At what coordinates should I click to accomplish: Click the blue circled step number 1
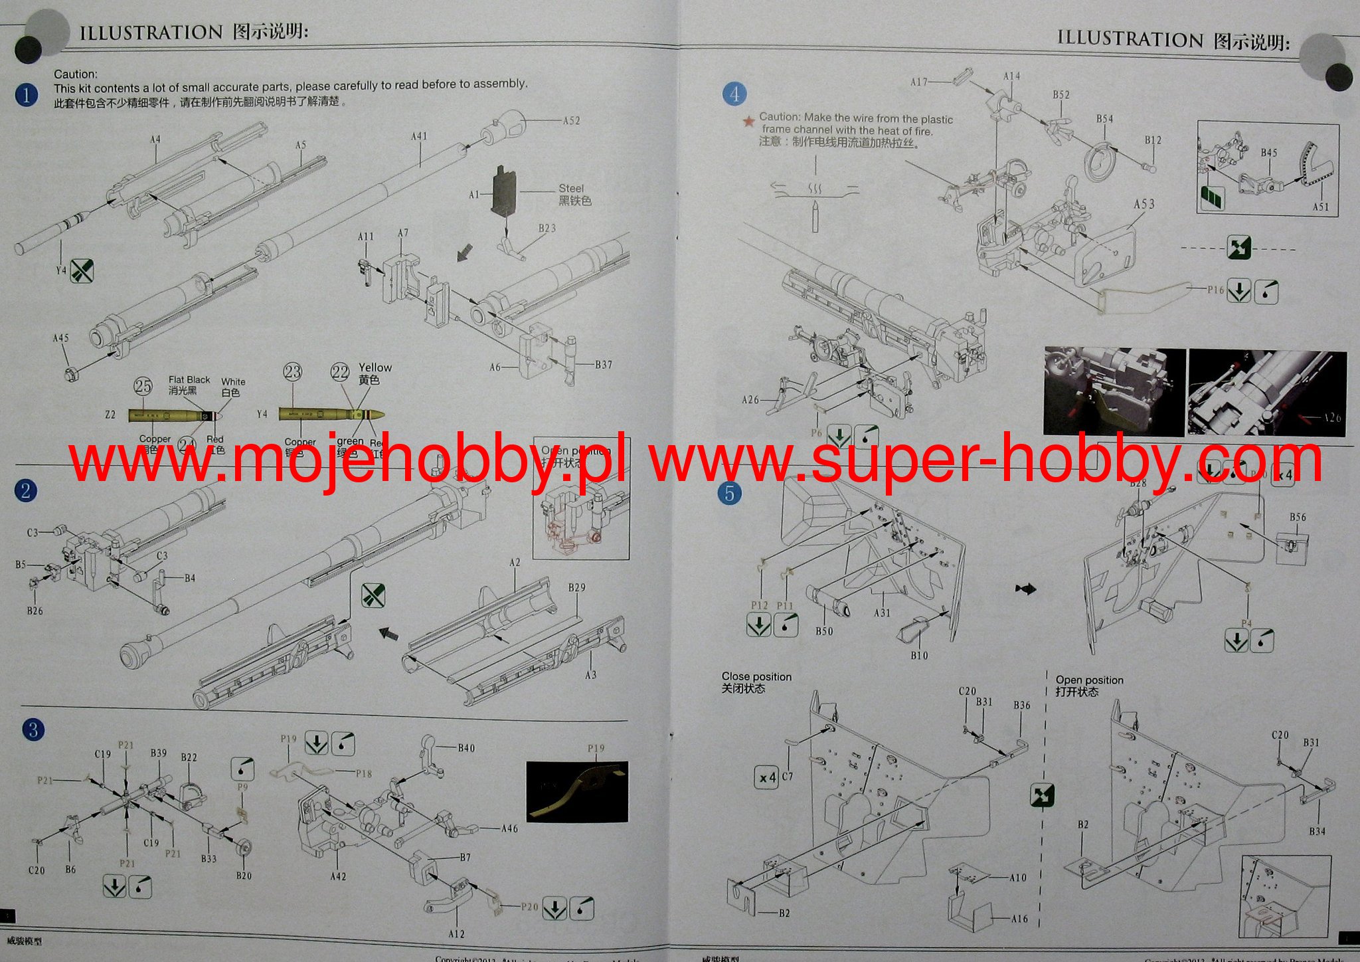click(x=26, y=95)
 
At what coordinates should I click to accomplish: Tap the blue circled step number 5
click(x=730, y=494)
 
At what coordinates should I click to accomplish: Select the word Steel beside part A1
click(x=570, y=189)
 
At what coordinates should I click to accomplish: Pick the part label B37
click(x=603, y=365)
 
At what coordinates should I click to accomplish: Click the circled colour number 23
click(x=292, y=372)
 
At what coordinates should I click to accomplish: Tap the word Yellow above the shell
click(x=375, y=367)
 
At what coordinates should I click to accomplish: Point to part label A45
click(x=60, y=337)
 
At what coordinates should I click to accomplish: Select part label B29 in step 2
click(x=576, y=587)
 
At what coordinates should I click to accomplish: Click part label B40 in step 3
click(x=466, y=748)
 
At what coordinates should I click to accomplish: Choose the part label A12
click(x=456, y=934)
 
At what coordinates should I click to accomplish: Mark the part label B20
click(x=244, y=876)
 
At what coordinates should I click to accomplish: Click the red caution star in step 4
click(x=748, y=122)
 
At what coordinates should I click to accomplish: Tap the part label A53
click(x=1144, y=204)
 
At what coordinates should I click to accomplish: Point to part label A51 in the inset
click(x=1320, y=207)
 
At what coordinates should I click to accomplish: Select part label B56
click(x=1298, y=517)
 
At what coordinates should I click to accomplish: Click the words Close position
click(x=756, y=676)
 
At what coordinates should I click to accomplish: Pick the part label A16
click(x=1019, y=919)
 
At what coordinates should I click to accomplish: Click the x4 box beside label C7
click(x=767, y=777)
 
